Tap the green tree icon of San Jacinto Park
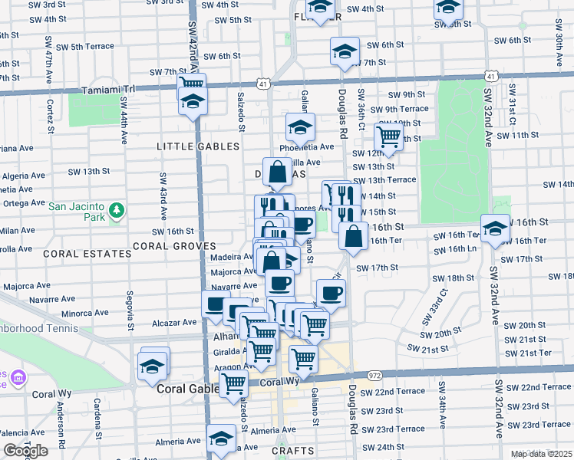(116, 209)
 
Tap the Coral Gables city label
(185, 389)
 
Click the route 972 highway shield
(374, 376)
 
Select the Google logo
(25, 451)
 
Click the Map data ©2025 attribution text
(542, 454)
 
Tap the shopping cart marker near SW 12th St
(389, 138)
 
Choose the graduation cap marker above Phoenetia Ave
(301, 127)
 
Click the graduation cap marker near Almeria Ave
(222, 439)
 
